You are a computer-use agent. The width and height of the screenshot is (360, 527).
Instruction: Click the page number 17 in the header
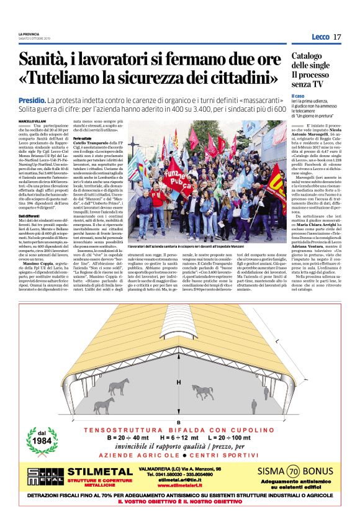337,37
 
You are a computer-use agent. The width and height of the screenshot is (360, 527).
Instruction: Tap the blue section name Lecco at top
320,37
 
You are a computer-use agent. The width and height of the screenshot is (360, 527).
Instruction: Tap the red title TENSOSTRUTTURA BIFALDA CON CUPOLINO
179,430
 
